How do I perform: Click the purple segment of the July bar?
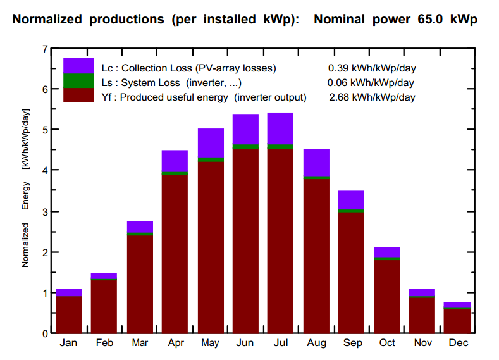coord(280,128)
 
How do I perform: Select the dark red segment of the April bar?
coord(175,253)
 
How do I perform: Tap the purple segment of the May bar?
coord(210,142)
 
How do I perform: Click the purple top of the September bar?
coord(351,199)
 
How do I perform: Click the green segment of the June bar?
coord(245,147)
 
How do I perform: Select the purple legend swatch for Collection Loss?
coord(78,65)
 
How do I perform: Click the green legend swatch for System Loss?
coord(78,80)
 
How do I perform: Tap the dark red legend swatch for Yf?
coord(78,95)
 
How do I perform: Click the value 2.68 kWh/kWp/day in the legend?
coord(372,97)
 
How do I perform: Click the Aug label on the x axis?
coord(316,343)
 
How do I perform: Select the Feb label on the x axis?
coord(104,343)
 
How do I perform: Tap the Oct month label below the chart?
coord(386,343)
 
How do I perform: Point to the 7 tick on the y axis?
coord(44,49)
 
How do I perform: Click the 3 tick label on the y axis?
coord(44,211)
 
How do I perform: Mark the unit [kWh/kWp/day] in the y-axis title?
coord(26,139)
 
